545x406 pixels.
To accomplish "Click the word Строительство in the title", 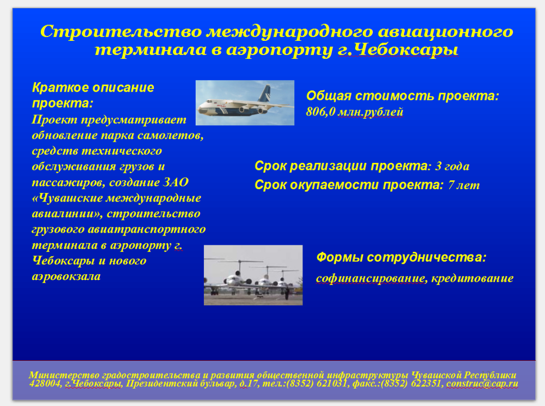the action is point(121,32).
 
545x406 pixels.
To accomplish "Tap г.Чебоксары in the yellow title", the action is point(398,50).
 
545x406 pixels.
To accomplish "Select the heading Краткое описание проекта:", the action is point(93,95).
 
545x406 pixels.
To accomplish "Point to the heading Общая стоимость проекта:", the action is point(403,95).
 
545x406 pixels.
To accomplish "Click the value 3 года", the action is point(452,166).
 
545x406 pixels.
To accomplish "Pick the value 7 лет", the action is point(464,185).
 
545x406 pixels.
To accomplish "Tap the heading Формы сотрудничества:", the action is point(401,258).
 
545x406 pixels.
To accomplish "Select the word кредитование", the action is point(473,278).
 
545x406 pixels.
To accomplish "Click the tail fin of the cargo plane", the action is point(265,93).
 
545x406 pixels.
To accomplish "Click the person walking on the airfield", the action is point(287,294).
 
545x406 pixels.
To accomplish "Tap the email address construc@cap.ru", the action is point(482,384).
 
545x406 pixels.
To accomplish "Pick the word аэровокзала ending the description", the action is point(66,276).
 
